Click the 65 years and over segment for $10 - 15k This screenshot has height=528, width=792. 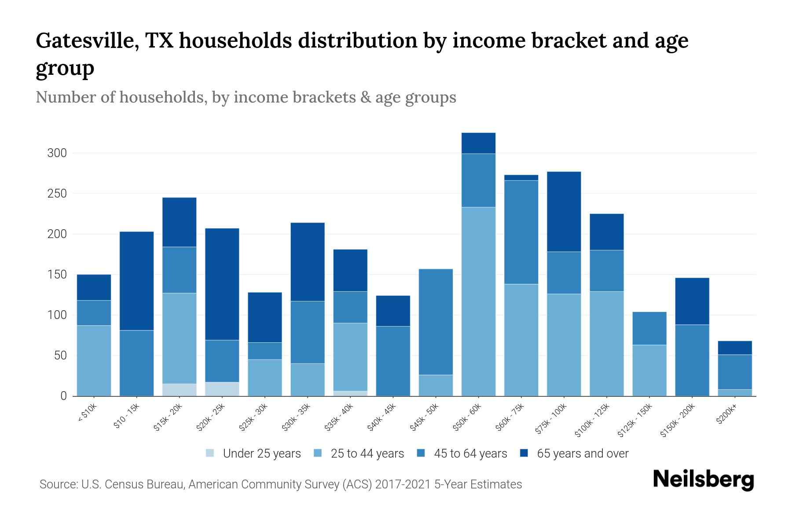click(136, 281)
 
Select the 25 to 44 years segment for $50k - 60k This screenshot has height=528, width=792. click(478, 301)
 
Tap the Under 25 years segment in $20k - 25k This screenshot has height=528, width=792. click(222, 389)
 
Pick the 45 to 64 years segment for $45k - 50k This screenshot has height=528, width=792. click(436, 322)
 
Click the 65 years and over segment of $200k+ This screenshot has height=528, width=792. click(735, 348)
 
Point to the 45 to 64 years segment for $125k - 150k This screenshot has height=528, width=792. click(649, 328)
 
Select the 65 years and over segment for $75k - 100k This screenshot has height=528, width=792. click(564, 212)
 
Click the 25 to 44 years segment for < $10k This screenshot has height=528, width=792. click(94, 360)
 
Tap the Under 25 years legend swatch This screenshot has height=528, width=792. click(210, 453)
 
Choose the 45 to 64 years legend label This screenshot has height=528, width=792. click(470, 453)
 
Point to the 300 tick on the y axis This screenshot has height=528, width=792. click(57, 153)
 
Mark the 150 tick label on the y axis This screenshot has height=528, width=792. click(57, 275)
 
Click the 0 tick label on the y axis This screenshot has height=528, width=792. click(63, 396)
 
